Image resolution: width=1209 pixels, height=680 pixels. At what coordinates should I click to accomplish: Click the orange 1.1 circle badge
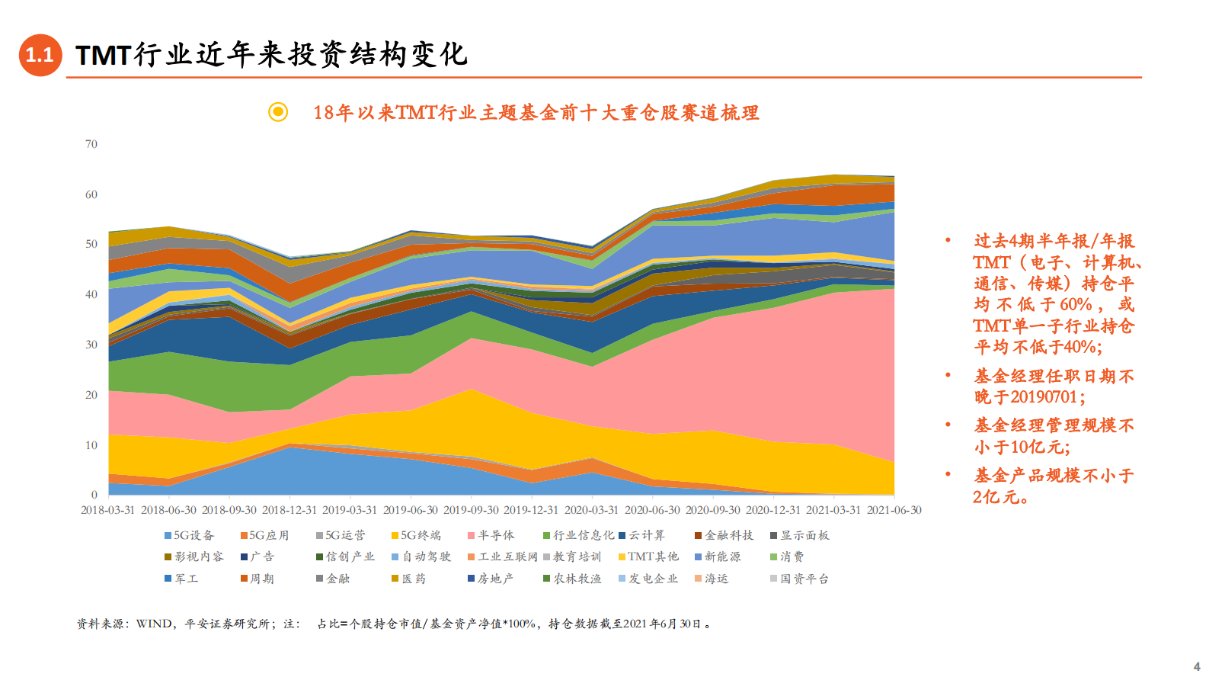coord(40,55)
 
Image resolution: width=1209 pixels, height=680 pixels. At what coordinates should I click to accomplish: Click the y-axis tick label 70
coord(91,144)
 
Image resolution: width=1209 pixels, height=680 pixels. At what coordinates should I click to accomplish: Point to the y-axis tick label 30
coord(91,345)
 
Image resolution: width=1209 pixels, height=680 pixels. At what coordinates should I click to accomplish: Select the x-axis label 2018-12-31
coord(289,510)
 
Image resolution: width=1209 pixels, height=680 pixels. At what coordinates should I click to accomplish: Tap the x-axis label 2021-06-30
coord(894,510)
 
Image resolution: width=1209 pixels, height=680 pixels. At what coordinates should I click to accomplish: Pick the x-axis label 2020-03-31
coord(591,510)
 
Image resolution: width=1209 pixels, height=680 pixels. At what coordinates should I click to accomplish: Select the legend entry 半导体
coord(491,535)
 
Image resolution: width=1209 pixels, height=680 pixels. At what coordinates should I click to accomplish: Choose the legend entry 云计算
coord(641,535)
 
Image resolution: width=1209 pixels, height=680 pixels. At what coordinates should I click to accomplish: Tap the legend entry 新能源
coord(717,557)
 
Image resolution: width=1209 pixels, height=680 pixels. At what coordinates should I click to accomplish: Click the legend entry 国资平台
coord(799,579)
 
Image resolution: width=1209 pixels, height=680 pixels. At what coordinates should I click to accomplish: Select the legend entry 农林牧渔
coord(572,579)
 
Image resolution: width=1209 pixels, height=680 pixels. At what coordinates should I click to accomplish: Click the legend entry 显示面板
coord(799,535)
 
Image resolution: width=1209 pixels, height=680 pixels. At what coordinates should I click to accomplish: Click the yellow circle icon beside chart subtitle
coord(278,112)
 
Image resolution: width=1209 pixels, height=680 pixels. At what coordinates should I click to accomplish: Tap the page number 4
coord(1196,666)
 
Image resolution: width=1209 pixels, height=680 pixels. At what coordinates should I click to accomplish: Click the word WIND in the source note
coord(155,624)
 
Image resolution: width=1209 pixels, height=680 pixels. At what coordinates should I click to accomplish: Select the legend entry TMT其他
coord(648,557)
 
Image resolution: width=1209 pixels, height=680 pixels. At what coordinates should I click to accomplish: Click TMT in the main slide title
coord(104,55)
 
